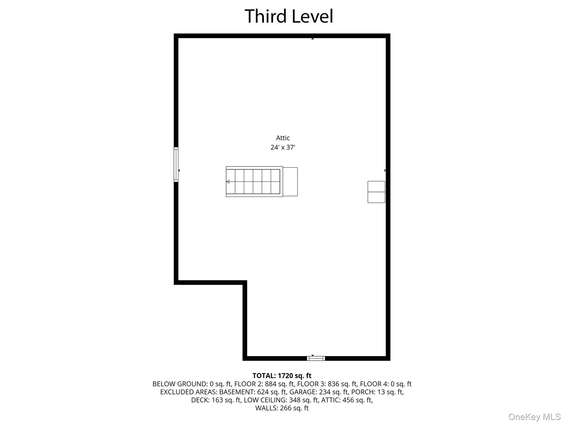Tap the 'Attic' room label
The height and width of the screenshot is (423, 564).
tap(283, 138)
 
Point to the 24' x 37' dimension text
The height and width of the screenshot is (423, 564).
tap(283, 147)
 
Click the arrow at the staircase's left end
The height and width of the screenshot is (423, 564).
tap(228, 182)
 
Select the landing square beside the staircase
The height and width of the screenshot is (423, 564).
tap(290, 182)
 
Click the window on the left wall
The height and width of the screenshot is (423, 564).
tap(176, 165)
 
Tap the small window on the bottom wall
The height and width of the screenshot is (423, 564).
tap(316, 358)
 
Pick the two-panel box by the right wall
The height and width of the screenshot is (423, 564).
tap(376, 192)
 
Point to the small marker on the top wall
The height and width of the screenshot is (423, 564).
tap(313, 39)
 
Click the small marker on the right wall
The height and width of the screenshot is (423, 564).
tap(385, 170)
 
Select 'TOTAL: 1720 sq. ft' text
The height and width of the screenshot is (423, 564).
tap(282, 376)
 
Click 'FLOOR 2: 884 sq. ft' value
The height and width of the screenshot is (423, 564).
tap(264, 384)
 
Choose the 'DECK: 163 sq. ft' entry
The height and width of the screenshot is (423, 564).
tap(216, 400)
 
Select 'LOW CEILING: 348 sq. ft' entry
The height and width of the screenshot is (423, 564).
tap(281, 400)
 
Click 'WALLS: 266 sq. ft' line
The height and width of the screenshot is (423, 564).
tap(282, 408)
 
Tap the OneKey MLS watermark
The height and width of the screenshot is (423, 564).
tap(534, 417)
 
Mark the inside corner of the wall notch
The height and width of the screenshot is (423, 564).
tap(245, 283)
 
